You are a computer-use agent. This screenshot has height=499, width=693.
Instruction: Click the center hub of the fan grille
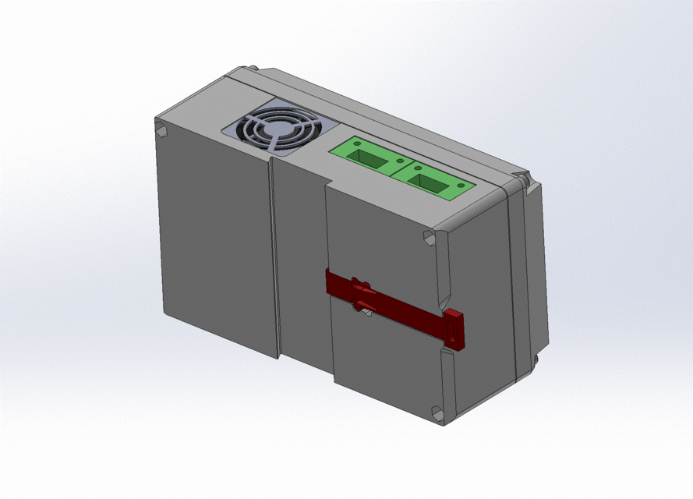tap(274, 133)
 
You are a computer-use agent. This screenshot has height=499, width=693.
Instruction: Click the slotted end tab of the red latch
tap(454, 328)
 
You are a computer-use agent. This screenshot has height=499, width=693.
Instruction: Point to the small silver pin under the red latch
tap(365, 313)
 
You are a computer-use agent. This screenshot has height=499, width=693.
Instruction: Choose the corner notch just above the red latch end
tap(429, 238)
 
